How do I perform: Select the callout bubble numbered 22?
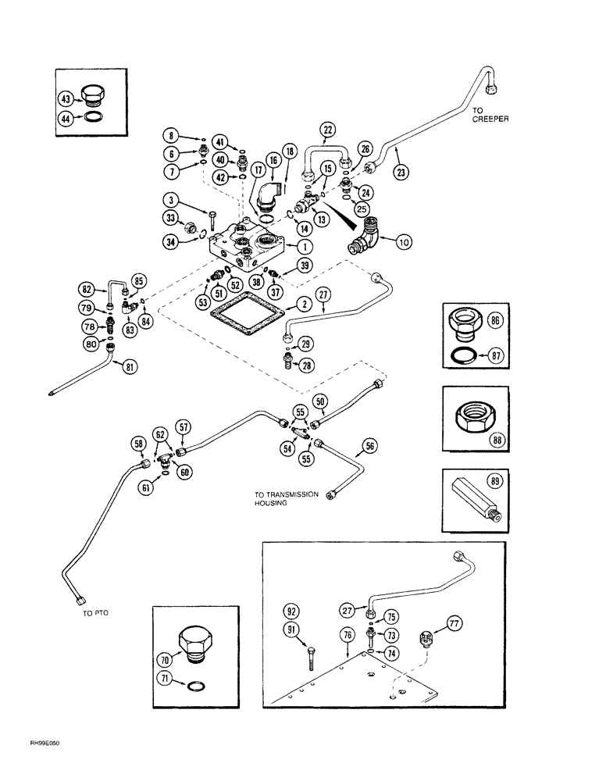[x=328, y=130]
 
